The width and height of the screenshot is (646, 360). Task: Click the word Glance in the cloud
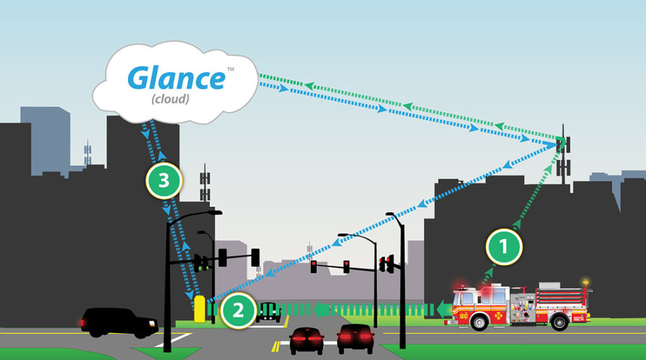pos(177,78)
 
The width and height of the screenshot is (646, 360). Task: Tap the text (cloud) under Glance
pos(170,99)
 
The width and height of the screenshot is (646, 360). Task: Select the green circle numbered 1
pos(504,247)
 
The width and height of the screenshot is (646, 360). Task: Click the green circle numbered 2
pos(238,310)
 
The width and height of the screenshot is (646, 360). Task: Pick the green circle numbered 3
pos(164,180)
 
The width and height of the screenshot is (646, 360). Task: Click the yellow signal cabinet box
pos(199,308)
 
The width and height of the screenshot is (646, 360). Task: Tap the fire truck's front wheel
pos(479,322)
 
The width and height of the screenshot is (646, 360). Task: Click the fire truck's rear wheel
pos(560,322)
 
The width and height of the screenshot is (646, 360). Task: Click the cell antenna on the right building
pos(563,155)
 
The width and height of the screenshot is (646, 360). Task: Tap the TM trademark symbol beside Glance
pos(231,69)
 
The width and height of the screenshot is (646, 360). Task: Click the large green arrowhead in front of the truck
pos(444,310)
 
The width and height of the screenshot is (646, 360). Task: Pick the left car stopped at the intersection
pos(306,340)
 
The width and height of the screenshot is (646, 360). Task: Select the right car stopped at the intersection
pos(356,339)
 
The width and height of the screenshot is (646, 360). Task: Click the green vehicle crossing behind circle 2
pos(269,312)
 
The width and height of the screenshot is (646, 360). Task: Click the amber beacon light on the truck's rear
pos(585,282)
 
